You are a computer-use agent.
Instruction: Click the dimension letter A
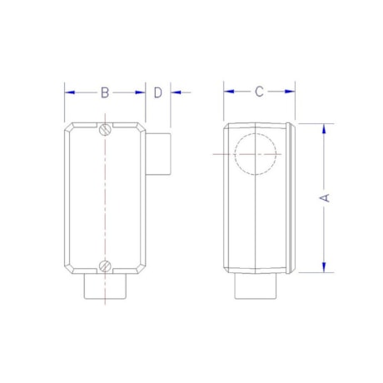[326, 197]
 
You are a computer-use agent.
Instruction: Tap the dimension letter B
[105, 92]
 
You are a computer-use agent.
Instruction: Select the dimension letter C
[259, 92]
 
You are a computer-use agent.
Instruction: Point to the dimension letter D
[157, 92]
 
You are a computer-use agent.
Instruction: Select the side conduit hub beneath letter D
[158, 156]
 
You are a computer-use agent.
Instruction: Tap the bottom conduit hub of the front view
[105, 291]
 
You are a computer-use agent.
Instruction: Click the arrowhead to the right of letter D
[176, 92]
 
